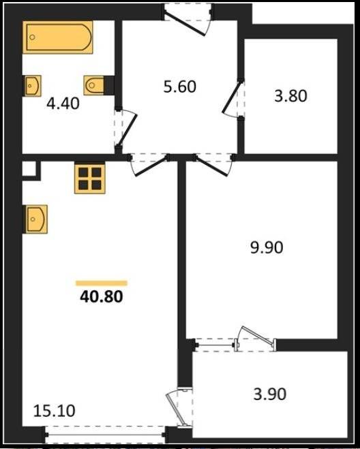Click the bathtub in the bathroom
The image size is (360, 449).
[58, 37]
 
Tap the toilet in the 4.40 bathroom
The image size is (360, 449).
[94, 85]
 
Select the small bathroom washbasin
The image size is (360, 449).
[33, 86]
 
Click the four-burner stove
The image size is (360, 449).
[90, 178]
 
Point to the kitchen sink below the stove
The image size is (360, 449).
[36, 219]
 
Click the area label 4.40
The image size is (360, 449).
[63, 104]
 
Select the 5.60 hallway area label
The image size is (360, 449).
[180, 87]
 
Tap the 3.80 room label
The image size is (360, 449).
[290, 95]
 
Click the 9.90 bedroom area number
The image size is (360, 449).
[267, 247]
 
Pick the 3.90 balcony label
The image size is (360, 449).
[270, 394]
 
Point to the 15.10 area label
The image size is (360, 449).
[54, 411]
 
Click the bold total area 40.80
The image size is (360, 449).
[102, 296]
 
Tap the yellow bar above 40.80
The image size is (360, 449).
[102, 283]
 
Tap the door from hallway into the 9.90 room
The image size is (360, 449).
[213, 166]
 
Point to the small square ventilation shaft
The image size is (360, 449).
[29, 168]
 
